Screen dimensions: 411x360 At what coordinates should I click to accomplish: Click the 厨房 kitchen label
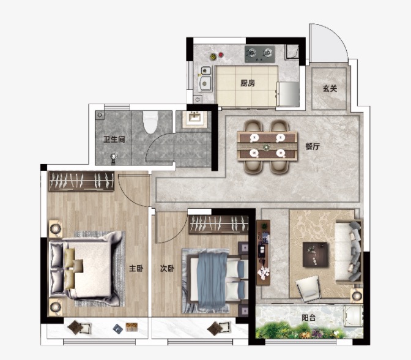248,83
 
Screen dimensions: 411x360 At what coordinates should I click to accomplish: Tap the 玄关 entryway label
330,88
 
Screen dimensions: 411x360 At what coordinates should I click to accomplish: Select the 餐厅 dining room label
313,146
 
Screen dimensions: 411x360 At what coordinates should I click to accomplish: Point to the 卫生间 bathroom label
114,140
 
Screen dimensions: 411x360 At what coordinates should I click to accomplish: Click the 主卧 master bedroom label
136,268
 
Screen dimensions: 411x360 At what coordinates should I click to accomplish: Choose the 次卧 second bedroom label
167,268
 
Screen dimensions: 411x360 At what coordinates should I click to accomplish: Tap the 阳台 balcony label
308,318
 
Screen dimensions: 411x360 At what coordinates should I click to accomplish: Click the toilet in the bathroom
150,122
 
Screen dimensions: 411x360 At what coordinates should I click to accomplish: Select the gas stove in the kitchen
260,54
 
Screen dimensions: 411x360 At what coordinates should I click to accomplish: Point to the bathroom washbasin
194,119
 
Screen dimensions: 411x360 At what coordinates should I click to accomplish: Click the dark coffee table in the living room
315,254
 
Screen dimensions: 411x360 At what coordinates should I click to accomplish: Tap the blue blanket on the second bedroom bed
212,280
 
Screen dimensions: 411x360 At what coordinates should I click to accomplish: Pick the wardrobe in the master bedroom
81,181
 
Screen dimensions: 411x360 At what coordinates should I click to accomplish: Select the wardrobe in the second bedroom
218,224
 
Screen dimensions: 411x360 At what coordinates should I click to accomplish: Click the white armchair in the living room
309,288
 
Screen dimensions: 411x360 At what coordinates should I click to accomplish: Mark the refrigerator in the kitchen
288,94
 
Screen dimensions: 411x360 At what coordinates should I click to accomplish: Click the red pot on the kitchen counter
221,54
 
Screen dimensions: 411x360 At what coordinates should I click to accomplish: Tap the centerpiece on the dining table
267,147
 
